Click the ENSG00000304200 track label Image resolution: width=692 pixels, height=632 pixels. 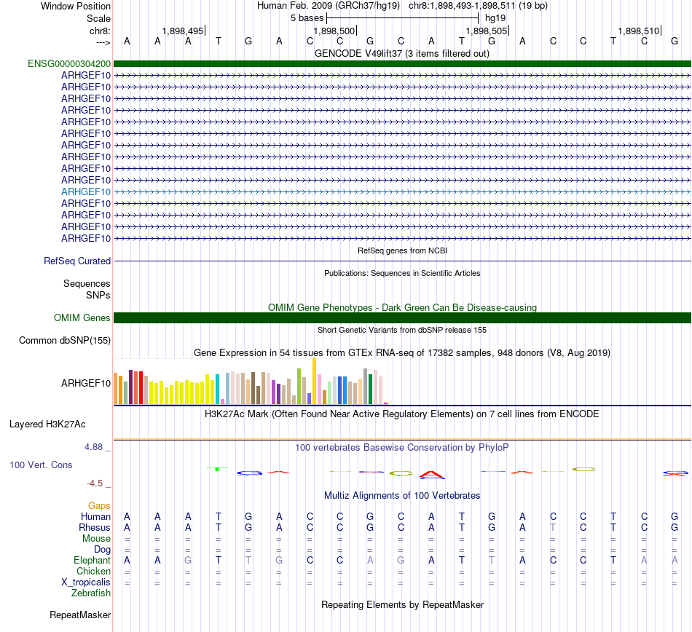69,63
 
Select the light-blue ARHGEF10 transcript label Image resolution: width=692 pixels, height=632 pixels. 86,191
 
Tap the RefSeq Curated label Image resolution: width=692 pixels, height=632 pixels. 77,261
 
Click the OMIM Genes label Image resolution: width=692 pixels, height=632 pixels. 82,318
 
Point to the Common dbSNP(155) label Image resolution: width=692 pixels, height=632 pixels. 65,340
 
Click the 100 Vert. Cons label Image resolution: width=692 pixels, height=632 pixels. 41,465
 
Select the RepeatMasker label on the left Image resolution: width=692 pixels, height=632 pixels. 80,615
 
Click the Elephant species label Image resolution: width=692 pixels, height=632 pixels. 92,561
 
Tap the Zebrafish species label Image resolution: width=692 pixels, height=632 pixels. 91,593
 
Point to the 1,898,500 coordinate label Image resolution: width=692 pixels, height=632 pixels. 334,31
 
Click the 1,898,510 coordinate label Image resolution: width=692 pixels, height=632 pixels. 638,31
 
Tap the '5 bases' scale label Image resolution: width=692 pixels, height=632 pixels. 307,17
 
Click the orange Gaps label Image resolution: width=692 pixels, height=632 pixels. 99,505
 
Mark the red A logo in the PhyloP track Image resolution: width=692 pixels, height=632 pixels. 433,475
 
